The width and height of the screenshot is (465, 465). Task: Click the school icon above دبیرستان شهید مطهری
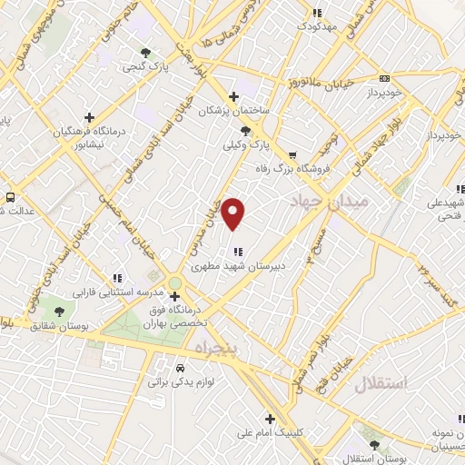click(237, 252)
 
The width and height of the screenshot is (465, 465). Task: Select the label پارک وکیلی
click(248, 145)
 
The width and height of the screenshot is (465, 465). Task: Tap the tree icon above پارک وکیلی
click(246, 131)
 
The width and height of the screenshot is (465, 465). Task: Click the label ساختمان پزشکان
click(239, 110)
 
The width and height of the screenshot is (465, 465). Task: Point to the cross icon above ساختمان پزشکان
click(233, 96)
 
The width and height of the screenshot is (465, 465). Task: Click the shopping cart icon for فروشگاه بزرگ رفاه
click(292, 154)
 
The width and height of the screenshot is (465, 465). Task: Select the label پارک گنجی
click(150, 66)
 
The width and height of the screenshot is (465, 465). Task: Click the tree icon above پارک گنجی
click(146, 52)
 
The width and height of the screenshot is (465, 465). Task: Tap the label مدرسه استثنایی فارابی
click(118, 293)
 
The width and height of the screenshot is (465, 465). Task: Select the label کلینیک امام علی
click(269, 433)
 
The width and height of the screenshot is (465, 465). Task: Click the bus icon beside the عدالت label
click(10, 197)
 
